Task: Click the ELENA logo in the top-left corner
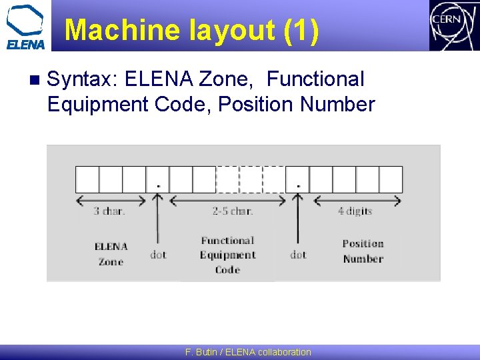coord(25,27)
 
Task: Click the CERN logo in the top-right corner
coord(453,25)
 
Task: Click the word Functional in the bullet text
coord(315,79)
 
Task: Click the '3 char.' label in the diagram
coord(109,211)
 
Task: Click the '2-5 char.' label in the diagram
coord(233,211)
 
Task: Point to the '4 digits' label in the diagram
coord(355,211)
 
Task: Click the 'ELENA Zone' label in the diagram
coord(111,254)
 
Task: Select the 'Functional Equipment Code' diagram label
coord(228,255)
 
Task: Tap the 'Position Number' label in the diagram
coord(363,251)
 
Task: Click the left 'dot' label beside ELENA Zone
coord(158,255)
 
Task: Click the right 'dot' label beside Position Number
coord(298,255)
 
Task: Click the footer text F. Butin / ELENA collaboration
coord(248,352)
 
